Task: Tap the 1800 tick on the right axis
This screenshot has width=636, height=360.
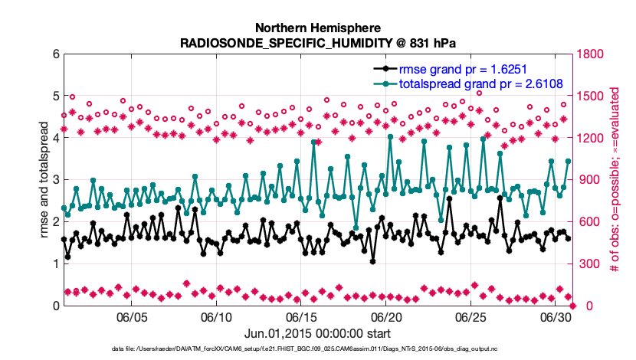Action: (592, 54)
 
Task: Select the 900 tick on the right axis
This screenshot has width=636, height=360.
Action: (589, 180)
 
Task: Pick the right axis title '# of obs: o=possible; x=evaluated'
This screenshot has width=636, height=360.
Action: (622, 180)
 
